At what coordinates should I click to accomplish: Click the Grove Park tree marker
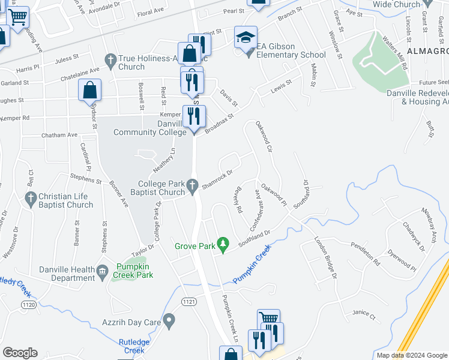(223, 243)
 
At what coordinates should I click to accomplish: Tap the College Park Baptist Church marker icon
(193, 188)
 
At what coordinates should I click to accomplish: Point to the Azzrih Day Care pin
(170, 322)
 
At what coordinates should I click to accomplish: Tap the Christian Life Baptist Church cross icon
(31, 197)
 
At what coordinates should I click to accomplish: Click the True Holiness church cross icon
(110, 59)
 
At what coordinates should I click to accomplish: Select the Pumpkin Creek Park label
(135, 271)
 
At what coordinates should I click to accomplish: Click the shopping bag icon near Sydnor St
(89, 91)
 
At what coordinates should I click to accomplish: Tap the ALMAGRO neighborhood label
(427, 51)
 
